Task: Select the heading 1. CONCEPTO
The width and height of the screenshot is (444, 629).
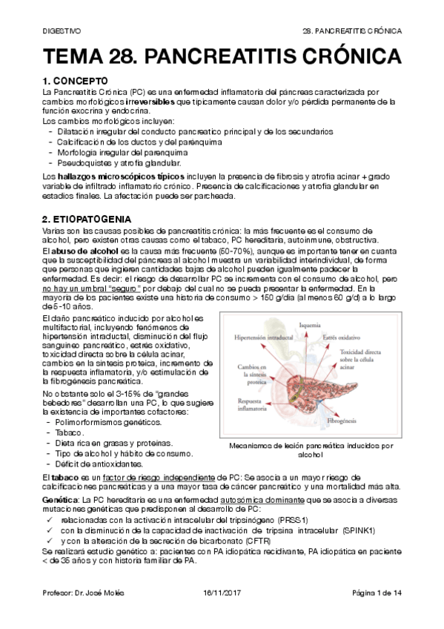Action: pyautogui.click(x=76, y=81)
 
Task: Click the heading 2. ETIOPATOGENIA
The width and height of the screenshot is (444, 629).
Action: pyautogui.click(x=87, y=220)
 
